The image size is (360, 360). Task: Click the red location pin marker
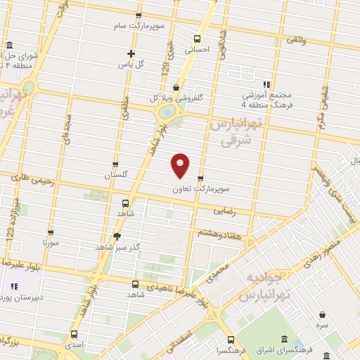click(181, 165)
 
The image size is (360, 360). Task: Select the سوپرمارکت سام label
click(138, 26)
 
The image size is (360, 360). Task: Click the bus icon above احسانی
click(197, 39)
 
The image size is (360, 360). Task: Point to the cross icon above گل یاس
click(131, 53)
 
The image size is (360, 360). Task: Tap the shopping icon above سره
click(321, 315)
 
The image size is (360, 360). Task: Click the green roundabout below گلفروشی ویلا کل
click(167, 112)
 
